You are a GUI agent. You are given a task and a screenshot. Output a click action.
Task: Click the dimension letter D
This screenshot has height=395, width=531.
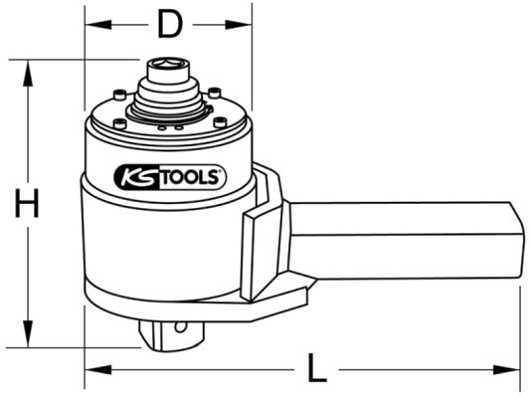pos(170,25)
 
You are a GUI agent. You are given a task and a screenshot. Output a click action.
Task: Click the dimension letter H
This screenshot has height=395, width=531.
pos(27,203)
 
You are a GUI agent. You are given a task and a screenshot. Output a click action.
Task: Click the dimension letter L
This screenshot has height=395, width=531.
pos(317,368)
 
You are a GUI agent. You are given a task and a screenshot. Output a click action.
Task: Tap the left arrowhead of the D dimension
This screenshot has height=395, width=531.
pos(97,25)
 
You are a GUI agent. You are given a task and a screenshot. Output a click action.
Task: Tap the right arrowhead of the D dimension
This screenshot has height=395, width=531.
pos(239,25)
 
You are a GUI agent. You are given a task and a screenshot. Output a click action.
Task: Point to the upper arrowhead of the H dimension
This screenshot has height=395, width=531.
pos(28,73)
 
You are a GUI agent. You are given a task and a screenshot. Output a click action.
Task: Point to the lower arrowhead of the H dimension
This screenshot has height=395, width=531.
pos(28,334)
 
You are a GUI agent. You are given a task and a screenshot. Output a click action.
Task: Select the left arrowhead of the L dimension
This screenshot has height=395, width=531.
pos(97,369)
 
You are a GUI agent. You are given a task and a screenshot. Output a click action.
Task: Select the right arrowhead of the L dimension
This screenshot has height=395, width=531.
pos(506,369)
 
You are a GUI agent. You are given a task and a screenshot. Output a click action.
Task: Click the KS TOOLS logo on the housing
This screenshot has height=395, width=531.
pos(170,177)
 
